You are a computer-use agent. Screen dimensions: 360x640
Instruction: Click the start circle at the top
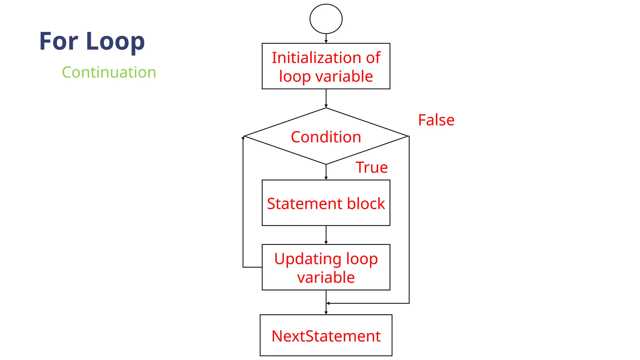tap(326, 19)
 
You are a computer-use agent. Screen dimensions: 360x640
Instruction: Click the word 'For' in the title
tap(58, 41)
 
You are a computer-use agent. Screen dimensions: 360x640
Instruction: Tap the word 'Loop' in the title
tap(115, 42)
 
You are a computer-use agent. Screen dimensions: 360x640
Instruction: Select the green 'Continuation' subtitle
tap(109, 72)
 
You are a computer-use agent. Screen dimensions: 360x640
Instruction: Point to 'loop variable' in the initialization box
tap(326, 77)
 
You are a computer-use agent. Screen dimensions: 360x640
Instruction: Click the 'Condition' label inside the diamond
tap(326, 137)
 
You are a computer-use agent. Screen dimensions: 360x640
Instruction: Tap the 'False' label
tap(436, 120)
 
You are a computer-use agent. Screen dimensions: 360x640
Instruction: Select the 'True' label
tap(372, 167)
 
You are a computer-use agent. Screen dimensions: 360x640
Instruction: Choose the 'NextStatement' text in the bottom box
tap(326, 336)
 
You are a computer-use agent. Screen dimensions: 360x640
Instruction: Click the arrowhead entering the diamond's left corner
tap(243, 137)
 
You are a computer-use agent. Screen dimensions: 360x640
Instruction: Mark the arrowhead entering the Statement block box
tap(326, 178)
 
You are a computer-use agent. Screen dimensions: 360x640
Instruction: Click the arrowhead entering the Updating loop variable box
tap(326, 242)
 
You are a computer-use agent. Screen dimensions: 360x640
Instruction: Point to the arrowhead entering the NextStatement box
tap(326, 313)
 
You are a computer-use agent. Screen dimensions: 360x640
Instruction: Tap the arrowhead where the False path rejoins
tap(328, 303)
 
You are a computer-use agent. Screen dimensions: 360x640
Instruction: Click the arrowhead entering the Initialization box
tap(326, 42)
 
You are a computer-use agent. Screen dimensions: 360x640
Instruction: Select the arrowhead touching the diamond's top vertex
tap(326, 106)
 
